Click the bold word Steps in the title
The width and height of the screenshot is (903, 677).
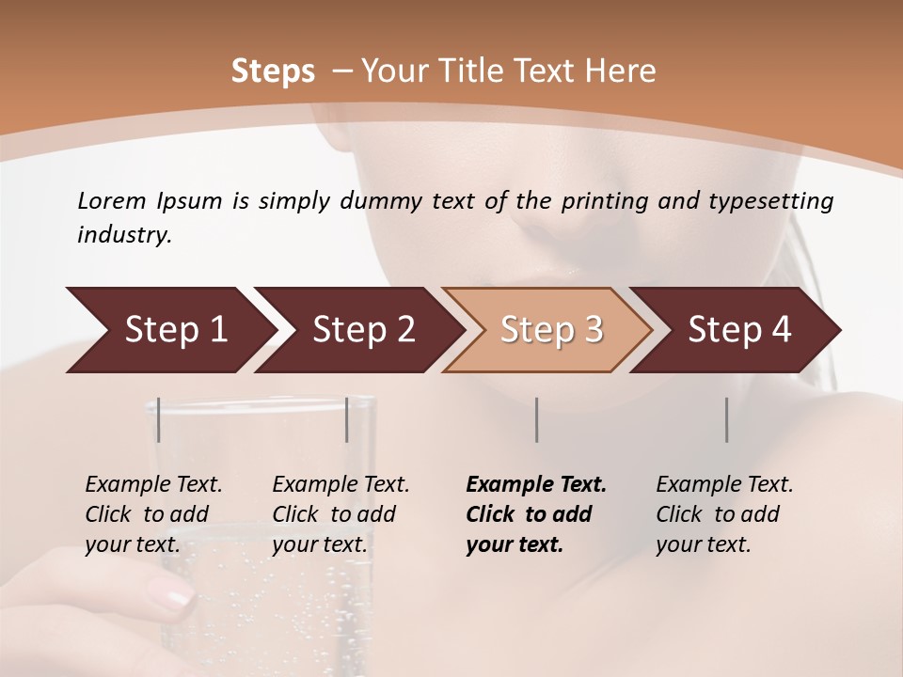(x=273, y=71)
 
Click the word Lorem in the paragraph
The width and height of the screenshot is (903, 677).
(x=110, y=200)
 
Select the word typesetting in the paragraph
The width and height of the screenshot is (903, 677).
(x=779, y=200)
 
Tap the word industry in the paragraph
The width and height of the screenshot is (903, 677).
(x=124, y=235)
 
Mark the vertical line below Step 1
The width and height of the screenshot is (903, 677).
(x=159, y=419)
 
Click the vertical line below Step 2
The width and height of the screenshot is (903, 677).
(x=347, y=419)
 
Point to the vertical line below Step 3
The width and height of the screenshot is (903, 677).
(x=537, y=419)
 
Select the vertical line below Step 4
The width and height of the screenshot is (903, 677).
(x=727, y=419)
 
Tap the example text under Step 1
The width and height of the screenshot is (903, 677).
(x=153, y=514)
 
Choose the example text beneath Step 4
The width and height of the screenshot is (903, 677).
(x=724, y=514)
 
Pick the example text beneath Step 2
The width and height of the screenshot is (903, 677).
(x=341, y=514)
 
